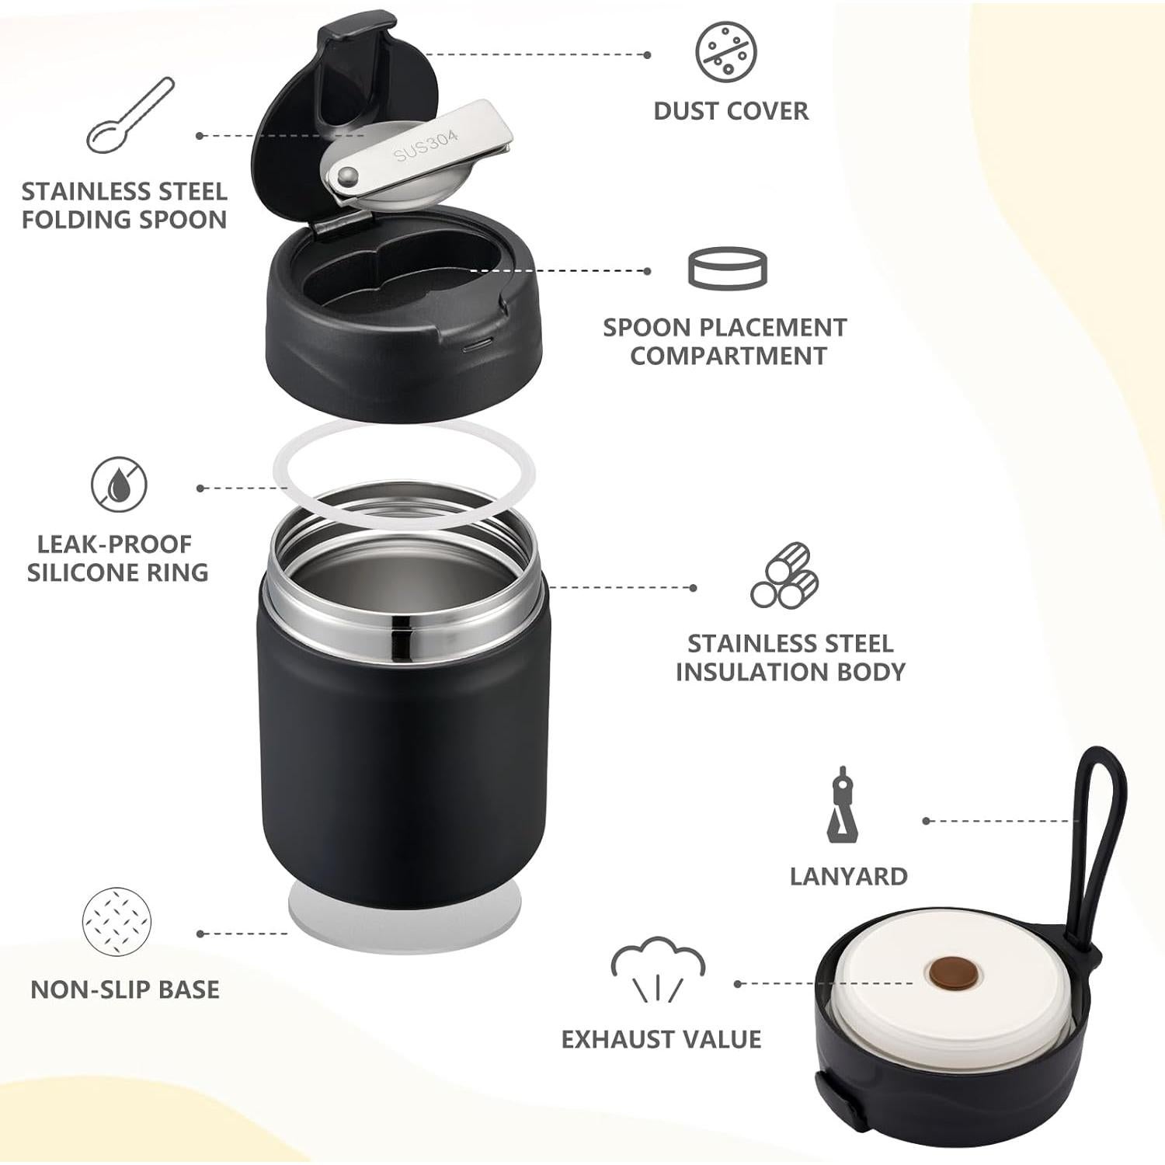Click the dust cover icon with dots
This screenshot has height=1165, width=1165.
(x=726, y=50)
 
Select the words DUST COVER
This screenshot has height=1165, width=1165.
(x=731, y=111)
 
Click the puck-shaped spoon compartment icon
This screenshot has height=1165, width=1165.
(x=727, y=269)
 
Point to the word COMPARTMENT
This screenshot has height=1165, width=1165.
(x=728, y=356)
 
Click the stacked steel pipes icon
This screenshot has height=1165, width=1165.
(x=784, y=576)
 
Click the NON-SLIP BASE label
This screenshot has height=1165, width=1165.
(x=125, y=989)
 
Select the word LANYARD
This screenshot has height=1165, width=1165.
(x=848, y=877)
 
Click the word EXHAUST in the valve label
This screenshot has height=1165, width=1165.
(x=617, y=1039)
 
